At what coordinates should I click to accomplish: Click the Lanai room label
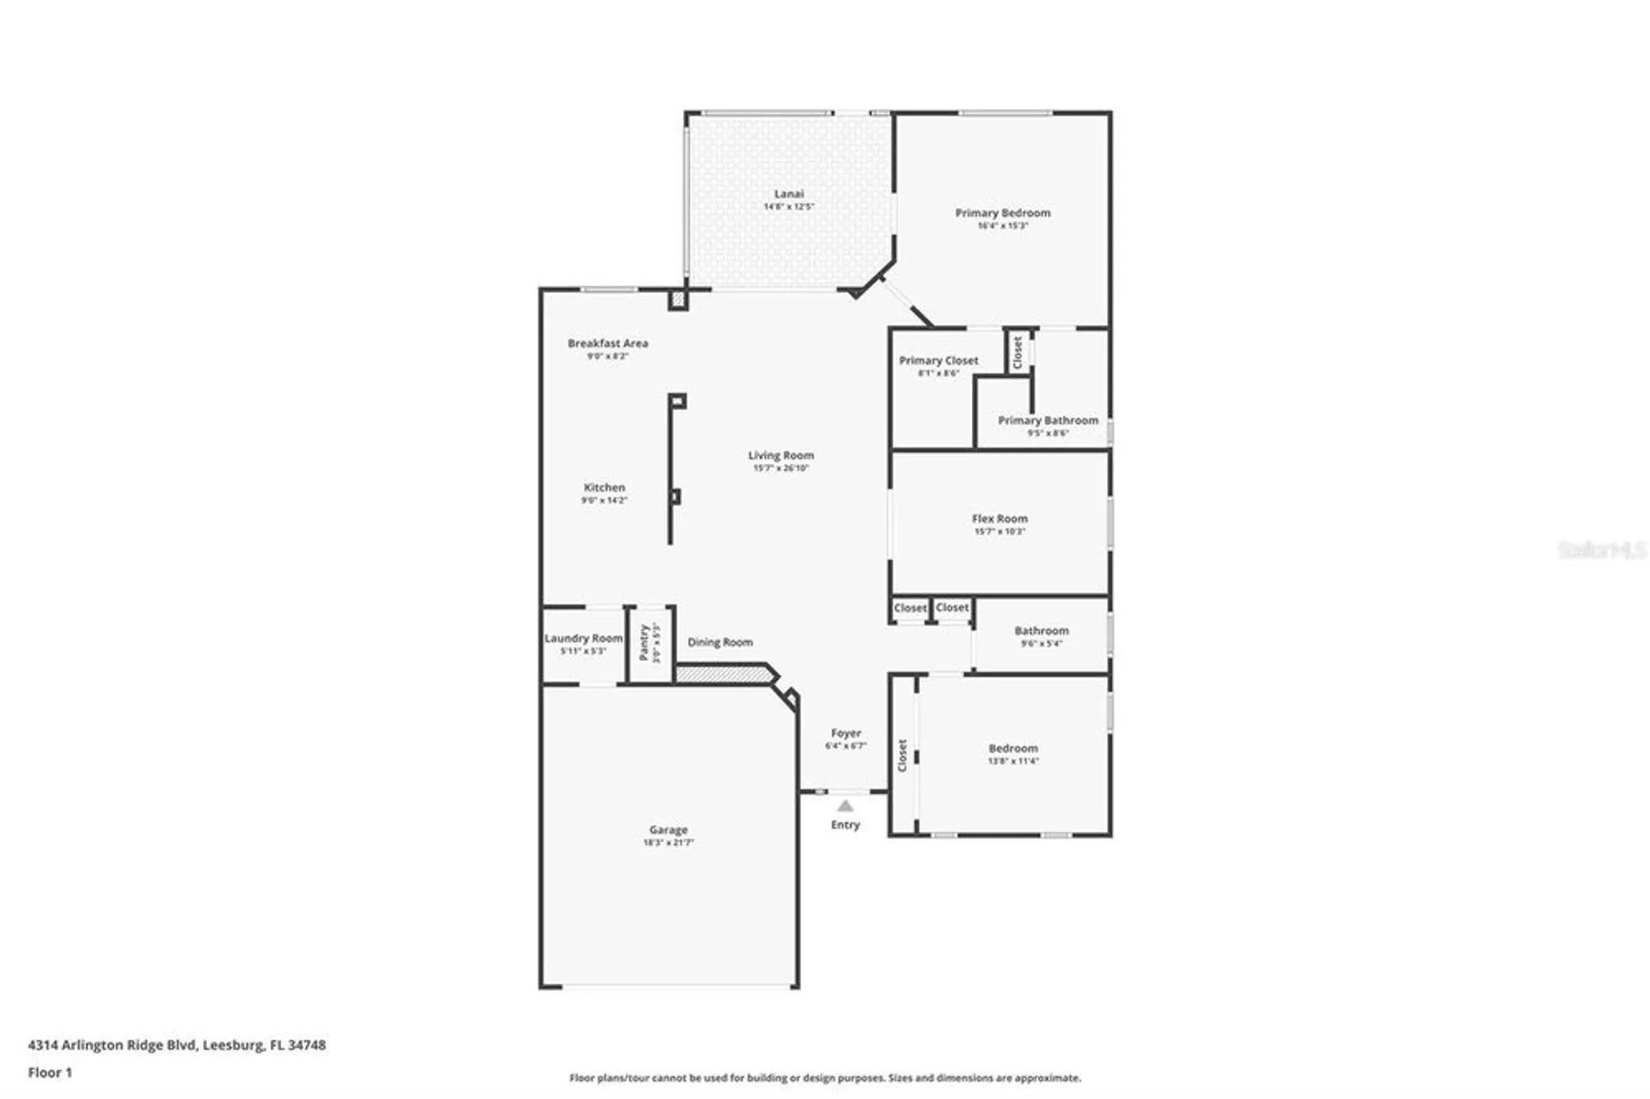point(789,194)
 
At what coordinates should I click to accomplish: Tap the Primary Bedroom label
point(1002,213)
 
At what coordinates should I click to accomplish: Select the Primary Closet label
point(938,361)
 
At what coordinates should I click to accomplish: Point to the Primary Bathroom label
point(1048,420)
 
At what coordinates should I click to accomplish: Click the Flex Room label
point(999,519)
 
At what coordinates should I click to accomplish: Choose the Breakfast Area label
point(607,343)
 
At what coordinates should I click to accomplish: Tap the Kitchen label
point(604,488)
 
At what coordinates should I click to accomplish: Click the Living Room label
point(780,455)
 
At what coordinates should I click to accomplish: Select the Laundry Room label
point(582,638)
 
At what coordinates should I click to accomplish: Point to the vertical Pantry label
point(644,642)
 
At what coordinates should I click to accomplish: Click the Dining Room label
point(719,642)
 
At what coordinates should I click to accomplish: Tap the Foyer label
point(846,733)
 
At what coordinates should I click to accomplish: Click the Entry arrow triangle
point(845,805)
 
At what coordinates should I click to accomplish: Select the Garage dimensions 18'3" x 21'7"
point(667,842)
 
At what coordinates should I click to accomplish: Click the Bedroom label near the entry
point(1013,748)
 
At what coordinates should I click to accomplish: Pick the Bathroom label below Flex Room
point(1041,630)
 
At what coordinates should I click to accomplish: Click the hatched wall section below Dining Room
point(723,675)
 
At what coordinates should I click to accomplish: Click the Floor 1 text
point(49,1072)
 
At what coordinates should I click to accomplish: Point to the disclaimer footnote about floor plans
point(824,1078)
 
